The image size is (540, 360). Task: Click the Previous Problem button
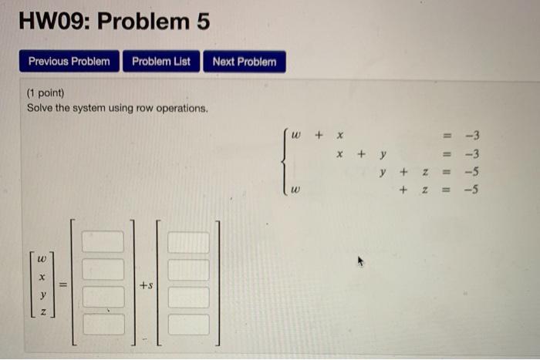[x=69, y=62]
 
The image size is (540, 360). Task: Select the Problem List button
[x=161, y=62]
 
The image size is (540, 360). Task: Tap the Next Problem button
[x=244, y=62]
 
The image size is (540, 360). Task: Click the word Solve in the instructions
[x=39, y=108]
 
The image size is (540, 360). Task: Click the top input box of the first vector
[x=103, y=242]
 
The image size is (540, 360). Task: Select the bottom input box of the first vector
[x=103, y=325]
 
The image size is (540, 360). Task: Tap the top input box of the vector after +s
[x=188, y=242]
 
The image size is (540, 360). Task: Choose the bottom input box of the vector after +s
[x=188, y=325]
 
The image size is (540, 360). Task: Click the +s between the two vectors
[x=146, y=285]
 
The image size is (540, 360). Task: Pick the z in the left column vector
[x=43, y=311]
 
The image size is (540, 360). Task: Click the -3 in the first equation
[x=472, y=136]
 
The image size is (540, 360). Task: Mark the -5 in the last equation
[x=472, y=189]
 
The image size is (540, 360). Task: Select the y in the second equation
[x=382, y=154]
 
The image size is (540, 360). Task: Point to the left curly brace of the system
[x=285, y=163]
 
